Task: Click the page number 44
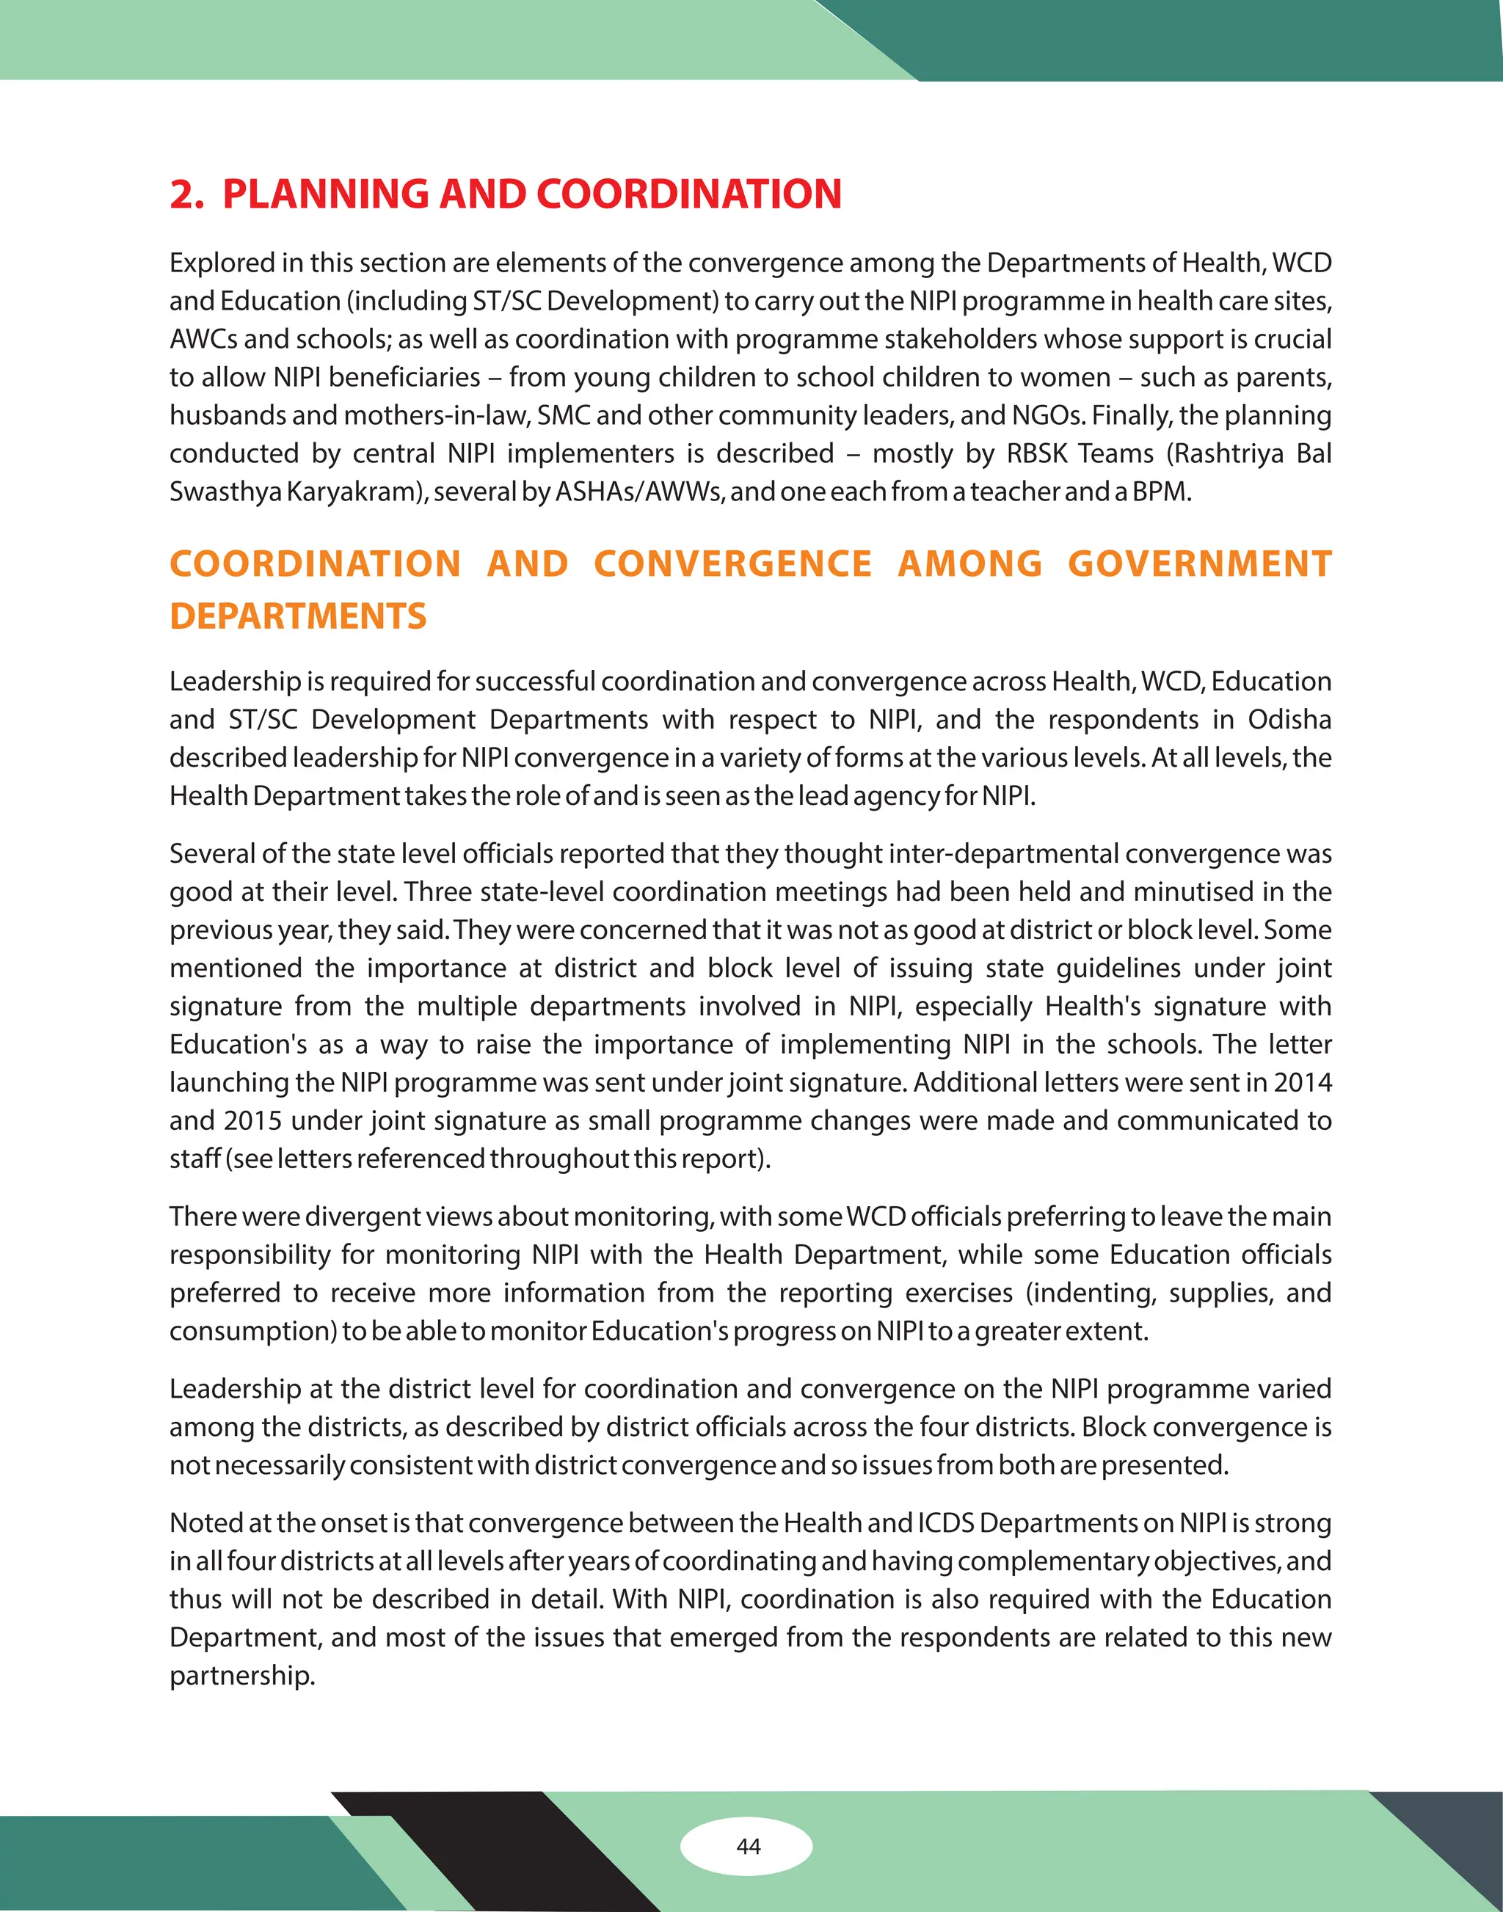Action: [x=748, y=1846]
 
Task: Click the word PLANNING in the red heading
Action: [x=326, y=194]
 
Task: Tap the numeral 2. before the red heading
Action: [x=186, y=194]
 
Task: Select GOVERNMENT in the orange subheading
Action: [x=1199, y=564]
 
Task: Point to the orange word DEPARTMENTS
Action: [x=297, y=616]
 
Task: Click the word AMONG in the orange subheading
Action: [x=969, y=564]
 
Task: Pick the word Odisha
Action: [x=1289, y=720]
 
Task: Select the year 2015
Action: [x=252, y=1121]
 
